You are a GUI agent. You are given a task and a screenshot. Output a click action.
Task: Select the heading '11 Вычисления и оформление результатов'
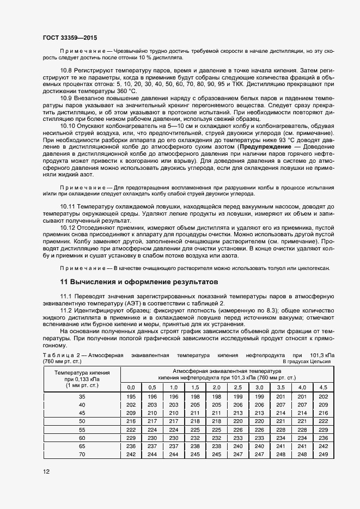click(138, 282)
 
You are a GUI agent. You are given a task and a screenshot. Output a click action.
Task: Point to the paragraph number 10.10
click(69, 126)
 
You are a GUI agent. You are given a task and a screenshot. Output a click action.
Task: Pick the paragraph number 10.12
click(69, 225)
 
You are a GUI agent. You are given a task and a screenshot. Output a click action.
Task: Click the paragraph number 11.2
click(68, 310)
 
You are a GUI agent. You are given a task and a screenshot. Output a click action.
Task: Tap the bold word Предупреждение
click(264, 148)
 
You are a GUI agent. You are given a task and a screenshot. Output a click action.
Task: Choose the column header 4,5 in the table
click(323, 387)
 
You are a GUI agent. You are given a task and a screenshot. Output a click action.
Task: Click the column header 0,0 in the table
click(131, 387)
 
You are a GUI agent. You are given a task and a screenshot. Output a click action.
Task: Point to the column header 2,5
click(237, 387)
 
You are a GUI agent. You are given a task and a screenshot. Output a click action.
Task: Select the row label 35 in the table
click(82, 396)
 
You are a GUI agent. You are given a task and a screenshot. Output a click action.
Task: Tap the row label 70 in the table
click(82, 454)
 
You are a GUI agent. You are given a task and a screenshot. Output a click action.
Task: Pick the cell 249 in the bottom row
click(323, 454)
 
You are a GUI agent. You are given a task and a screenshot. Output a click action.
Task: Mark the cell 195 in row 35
click(131, 396)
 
